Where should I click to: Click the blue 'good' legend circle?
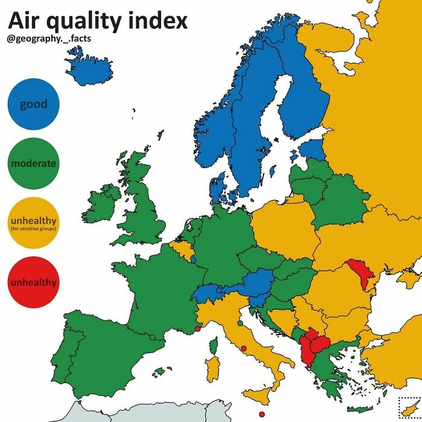click(33, 105)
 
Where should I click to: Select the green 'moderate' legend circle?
click(33, 163)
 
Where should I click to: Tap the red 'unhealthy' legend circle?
click(33, 282)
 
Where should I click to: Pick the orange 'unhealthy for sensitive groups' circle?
click(33, 222)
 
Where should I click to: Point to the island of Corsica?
click(212, 345)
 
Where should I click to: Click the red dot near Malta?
click(261, 414)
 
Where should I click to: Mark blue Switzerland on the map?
click(207, 293)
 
